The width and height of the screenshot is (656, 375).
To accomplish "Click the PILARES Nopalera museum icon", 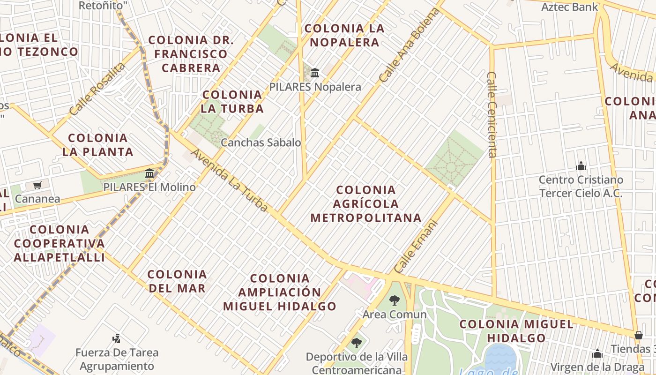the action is click(315, 73).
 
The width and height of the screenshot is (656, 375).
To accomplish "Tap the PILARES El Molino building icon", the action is click(149, 173).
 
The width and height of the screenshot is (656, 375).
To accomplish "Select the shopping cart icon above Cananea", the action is click(37, 186).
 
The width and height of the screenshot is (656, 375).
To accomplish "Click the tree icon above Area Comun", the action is click(395, 300).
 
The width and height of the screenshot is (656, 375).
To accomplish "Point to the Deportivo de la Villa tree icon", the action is click(357, 343).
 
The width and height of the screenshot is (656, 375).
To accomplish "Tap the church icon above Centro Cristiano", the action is click(581, 166).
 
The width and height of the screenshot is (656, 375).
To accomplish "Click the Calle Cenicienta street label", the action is click(492, 114).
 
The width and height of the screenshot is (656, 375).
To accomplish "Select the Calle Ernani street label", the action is click(416, 247).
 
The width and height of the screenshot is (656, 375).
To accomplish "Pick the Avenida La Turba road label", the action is click(230, 180).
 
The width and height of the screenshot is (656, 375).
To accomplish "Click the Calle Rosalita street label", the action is click(97, 89).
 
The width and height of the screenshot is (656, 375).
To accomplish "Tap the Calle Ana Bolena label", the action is click(410, 45).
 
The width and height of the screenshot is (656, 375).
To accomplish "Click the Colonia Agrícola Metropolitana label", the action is click(366, 204).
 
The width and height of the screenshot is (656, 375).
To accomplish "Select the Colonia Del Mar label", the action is click(177, 281).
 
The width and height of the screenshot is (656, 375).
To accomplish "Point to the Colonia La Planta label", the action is click(98, 145).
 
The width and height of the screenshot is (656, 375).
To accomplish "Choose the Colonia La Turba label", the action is click(232, 102).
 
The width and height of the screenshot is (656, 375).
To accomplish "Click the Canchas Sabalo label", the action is click(261, 142).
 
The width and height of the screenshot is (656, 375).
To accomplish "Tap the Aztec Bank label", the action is click(570, 7).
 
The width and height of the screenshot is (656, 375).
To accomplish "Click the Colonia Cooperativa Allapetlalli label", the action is click(59, 243).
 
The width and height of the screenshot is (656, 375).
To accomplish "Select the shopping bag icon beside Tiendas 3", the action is click(638, 335).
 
